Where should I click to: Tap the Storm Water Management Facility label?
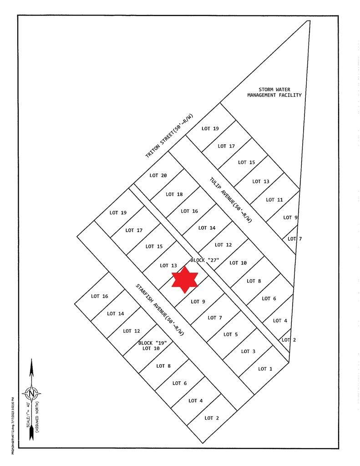[274, 92]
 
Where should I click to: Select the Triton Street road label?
[169, 136]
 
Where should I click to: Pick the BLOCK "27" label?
[205, 260]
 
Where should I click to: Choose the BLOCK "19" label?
[152, 343]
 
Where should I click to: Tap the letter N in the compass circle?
[31, 393]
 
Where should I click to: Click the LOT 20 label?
[158, 176]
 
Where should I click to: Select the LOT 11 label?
[274, 200]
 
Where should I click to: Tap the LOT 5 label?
[230, 334]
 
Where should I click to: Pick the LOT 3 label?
[248, 351]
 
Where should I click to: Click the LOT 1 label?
[265, 369]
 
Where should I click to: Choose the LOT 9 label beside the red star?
[198, 301]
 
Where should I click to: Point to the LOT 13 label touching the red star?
[168, 265]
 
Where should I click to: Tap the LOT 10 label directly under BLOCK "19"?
[151, 349]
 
